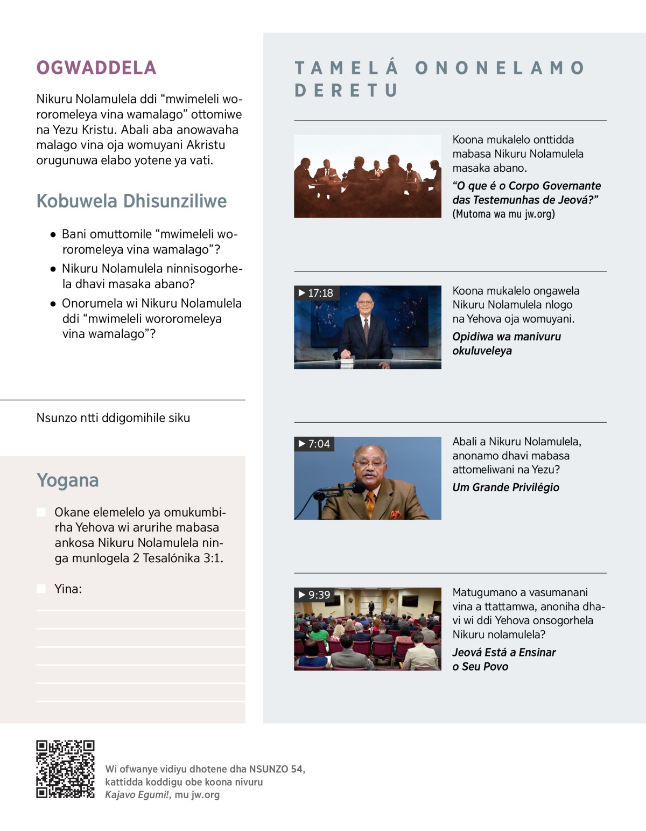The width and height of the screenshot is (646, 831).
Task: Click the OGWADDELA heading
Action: (x=96, y=68)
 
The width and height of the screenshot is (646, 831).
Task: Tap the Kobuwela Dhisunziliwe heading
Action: (x=131, y=201)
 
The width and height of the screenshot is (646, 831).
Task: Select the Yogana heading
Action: (x=68, y=480)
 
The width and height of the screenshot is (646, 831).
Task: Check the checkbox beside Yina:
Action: (x=41, y=589)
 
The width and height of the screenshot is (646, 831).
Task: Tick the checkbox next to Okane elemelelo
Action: (x=41, y=512)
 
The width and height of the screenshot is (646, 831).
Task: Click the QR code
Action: (x=65, y=769)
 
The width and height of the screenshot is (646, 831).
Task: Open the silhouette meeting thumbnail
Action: (x=367, y=176)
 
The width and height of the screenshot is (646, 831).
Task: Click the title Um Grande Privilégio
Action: (x=505, y=487)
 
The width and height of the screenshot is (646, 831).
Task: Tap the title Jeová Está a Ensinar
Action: (x=504, y=653)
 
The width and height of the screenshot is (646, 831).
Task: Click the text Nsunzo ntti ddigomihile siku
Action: (x=113, y=418)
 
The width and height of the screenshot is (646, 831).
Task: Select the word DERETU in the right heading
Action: (x=346, y=90)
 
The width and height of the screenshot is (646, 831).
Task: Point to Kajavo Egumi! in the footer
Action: (x=137, y=795)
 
